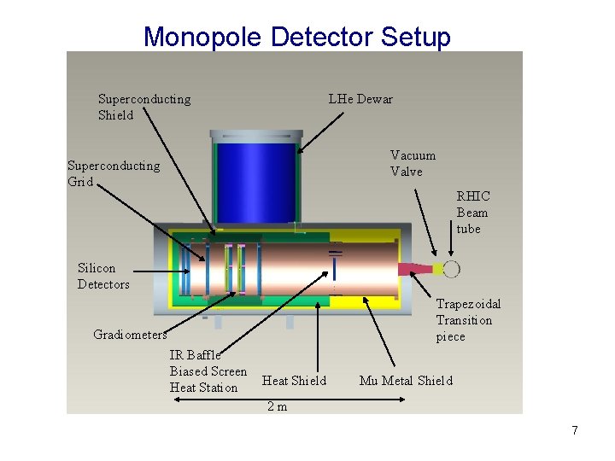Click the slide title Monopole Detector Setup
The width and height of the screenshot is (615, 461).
coord(296,37)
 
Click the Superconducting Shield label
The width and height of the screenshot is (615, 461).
coord(143,107)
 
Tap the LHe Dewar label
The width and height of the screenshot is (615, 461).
coord(360,99)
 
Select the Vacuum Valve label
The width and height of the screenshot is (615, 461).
coord(413,163)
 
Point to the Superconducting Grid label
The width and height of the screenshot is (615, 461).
coord(113,173)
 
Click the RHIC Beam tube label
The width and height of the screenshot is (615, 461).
coord(472,213)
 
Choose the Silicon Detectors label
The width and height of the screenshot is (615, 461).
coord(103,276)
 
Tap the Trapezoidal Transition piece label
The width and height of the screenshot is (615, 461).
coord(467,320)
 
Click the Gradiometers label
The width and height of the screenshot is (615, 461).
coord(130,335)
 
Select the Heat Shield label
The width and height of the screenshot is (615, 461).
coord(294,381)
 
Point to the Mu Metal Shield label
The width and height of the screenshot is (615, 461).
coord(406,381)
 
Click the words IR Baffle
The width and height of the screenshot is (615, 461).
coord(195,355)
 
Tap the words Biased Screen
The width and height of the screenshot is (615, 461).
coord(208,371)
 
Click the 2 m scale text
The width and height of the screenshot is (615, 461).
coord(277,406)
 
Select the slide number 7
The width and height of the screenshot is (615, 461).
coord(575,430)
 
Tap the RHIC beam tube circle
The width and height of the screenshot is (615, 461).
coord(451,270)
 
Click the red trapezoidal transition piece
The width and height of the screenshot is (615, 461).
coord(413,270)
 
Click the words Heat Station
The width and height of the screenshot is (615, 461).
coord(203,388)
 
